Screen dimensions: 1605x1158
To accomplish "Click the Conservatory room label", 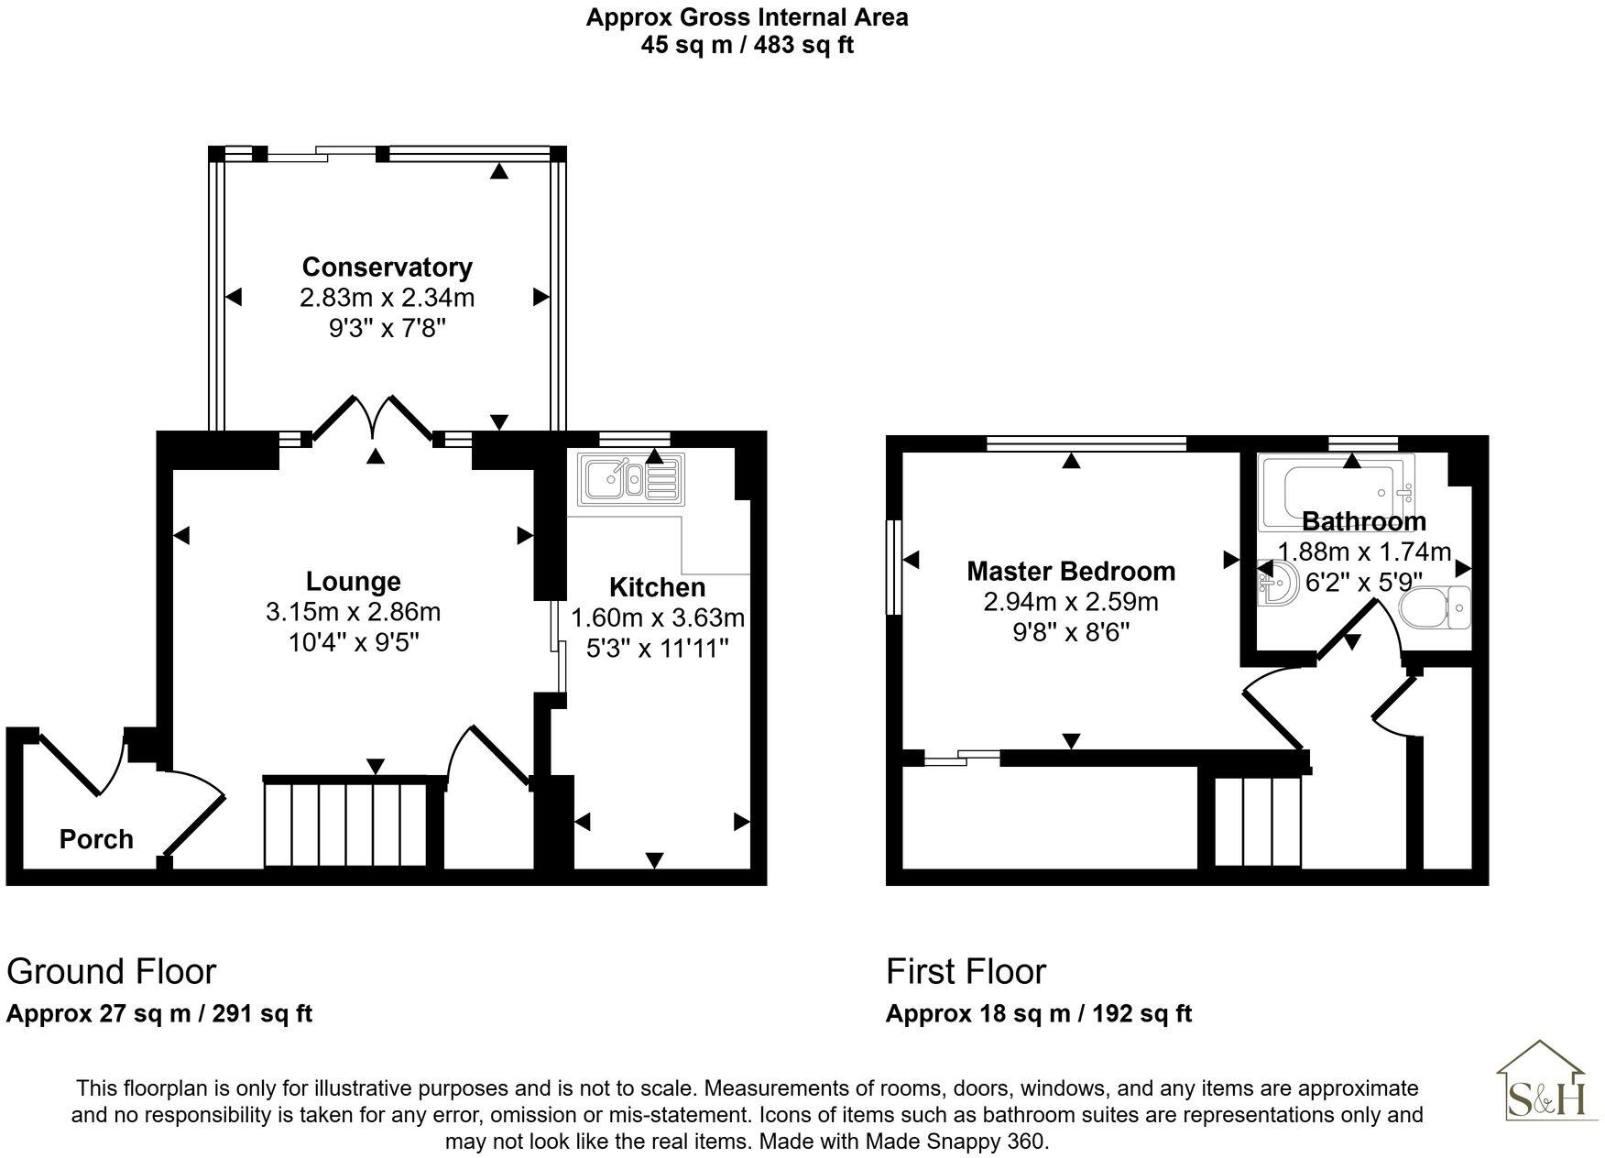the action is pyautogui.click(x=387, y=267).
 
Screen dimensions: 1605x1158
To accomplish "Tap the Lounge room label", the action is pyautogui.click(x=353, y=581).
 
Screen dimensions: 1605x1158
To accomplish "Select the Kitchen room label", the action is pyautogui.click(x=657, y=587).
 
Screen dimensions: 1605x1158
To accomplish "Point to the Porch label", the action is pyautogui.click(x=96, y=839).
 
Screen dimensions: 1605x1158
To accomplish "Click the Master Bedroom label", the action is pyautogui.click(x=1071, y=571).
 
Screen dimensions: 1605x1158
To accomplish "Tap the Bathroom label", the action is pyautogui.click(x=1363, y=521).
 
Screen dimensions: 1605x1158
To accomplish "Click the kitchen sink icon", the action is pyautogui.click(x=630, y=479).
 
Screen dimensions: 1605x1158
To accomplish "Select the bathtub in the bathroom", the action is pyautogui.click(x=1337, y=493).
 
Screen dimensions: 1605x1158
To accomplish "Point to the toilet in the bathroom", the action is pyautogui.click(x=1436, y=606).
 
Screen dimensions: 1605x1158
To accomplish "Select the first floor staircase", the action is pyautogui.click(x=1258, y=822).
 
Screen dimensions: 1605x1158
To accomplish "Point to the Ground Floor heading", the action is pyautogui.click(x=111, y=971).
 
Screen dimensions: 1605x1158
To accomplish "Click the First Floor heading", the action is pyautogui.click(x=966, y=971).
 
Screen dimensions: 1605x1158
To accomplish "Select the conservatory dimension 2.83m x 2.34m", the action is pyautogui.click(x=387, y=298).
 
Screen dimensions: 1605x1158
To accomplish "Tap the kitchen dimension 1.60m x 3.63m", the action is pyautogui.click(x=657, y=617).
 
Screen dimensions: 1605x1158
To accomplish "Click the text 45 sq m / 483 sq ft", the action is pyautogui.click(x=747, y=45).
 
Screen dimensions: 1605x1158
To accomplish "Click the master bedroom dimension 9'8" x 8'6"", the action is pyautogui.click(x=1071, y=632).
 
